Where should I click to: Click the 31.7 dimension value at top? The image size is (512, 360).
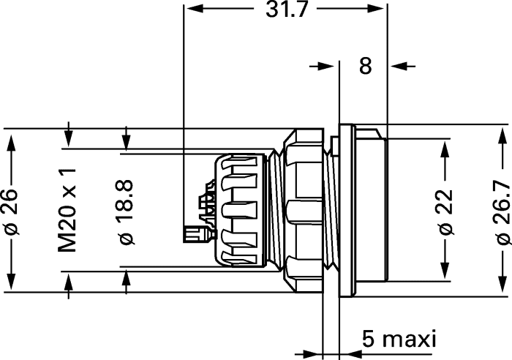(287, 10)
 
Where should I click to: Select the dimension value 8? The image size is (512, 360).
(366, 66)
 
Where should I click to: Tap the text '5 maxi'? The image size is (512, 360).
(399, 340)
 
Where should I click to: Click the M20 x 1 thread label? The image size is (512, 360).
(67, 211)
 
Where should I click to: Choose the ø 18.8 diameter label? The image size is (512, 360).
(127, 212)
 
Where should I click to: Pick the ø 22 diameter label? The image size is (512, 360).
(446, 212)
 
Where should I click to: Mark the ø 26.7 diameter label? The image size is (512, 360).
(503, 214)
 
